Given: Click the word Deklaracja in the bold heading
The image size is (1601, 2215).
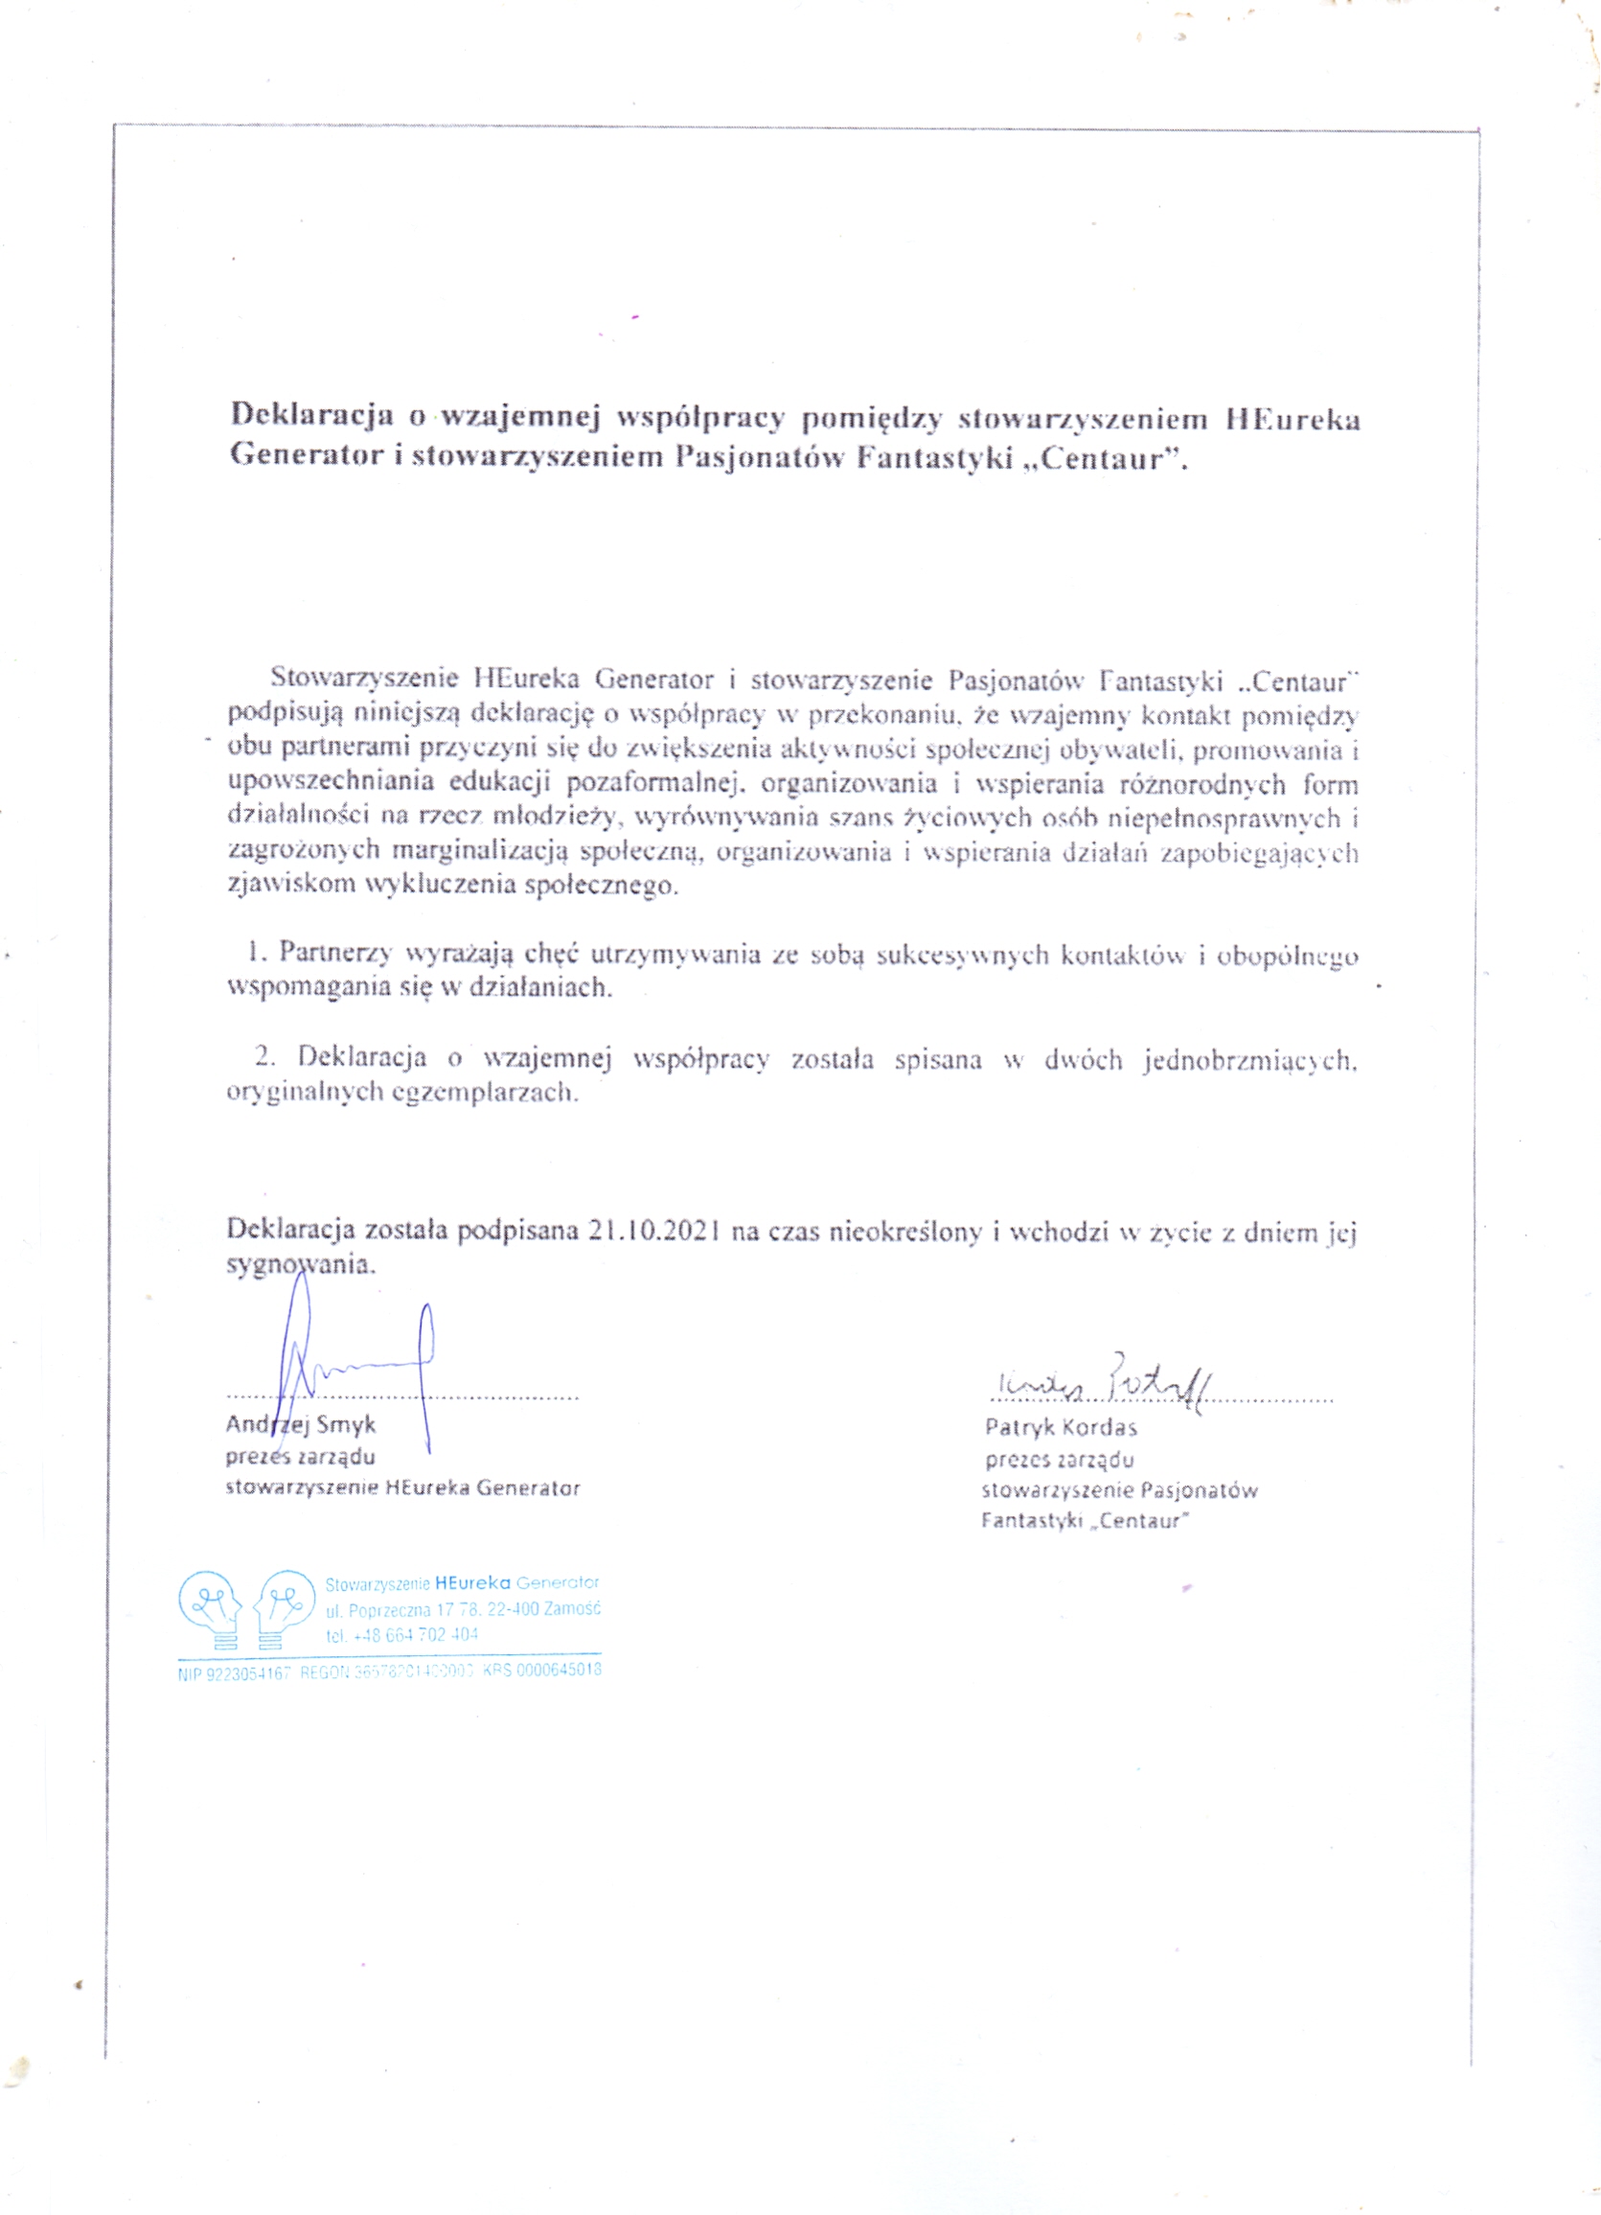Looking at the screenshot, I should (x=311, y=417).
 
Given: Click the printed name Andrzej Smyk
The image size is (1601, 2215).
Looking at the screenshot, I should (x=301, y=1425).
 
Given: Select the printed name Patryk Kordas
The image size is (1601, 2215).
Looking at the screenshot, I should (x=1062, y=1428).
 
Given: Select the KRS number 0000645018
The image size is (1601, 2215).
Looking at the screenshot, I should (x=556, y=1671).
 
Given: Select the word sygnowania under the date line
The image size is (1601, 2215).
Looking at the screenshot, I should (x=300, y=1265).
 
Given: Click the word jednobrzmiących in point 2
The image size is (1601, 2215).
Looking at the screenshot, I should (x=1250, y=1061).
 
